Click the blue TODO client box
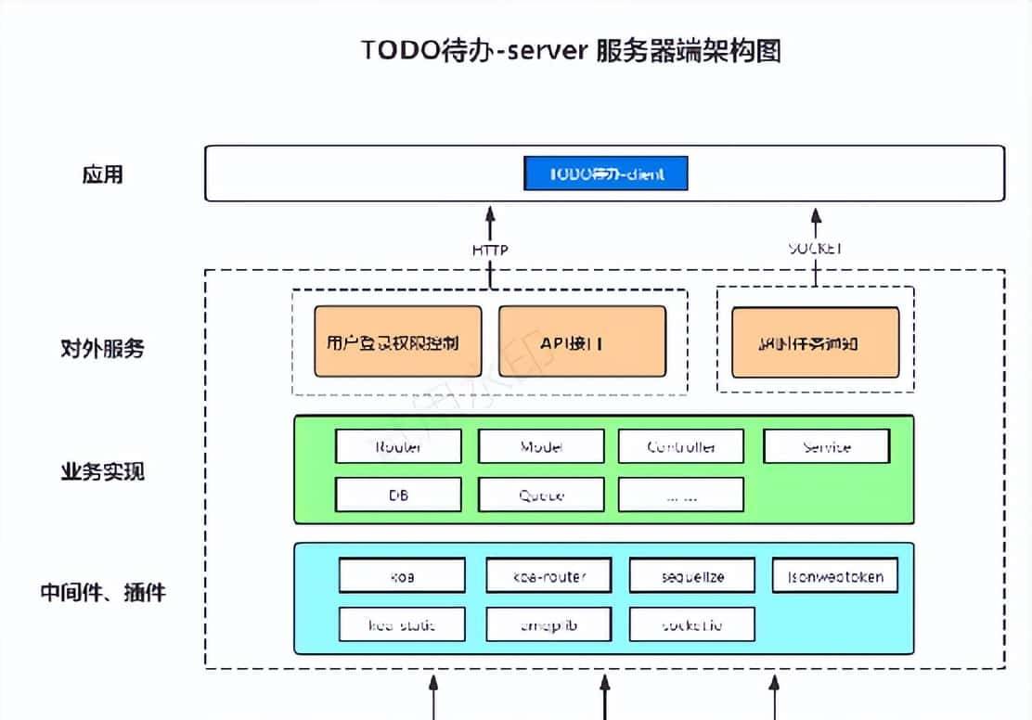tap(606, 174)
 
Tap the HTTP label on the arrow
tap(490, 250)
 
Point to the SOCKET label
tap(815, 249)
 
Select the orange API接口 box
tap(582, 342)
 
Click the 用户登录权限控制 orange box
tap(398, 342)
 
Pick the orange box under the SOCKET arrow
tap(815, 342)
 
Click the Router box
tap(398, 446)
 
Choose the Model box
tap(541, 446)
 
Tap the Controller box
tap(680, 446)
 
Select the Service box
tap(826, 446)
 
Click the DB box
tap(398, 495)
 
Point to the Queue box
tap(541, 495)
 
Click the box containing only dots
tap(680, 495)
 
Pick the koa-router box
tap(548, 576)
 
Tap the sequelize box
tap(691, 576)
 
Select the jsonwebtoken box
tap(834, 576)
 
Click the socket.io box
tap(691, 624)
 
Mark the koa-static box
tap(401, 624)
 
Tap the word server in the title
tap(549, 50)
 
